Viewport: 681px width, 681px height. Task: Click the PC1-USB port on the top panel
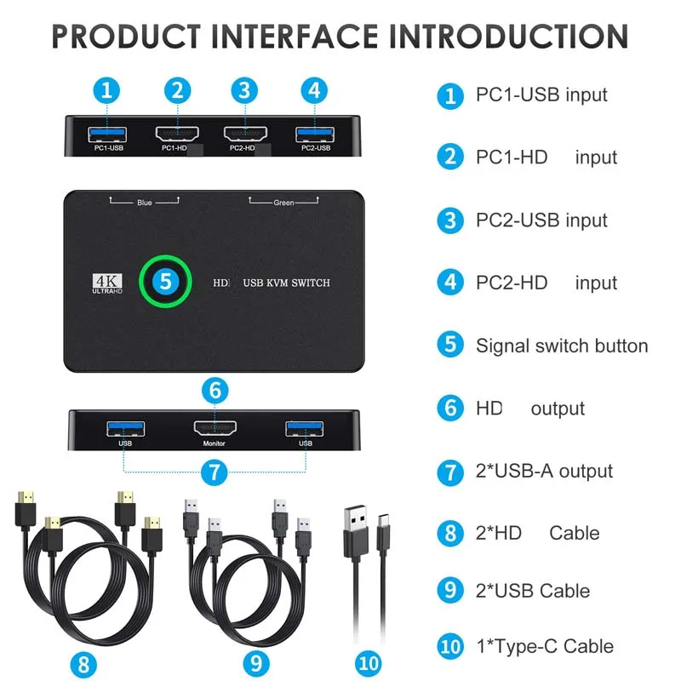click(107, 134)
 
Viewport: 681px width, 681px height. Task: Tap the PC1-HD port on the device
click(177, 134)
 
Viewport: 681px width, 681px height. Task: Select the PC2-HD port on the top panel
click(245, 134)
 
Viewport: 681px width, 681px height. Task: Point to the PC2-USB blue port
click(315, 134)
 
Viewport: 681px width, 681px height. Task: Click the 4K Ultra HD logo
click(107, 283)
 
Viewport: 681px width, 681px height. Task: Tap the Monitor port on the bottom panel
click(215, 429)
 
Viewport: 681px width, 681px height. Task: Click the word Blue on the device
click(145, 203)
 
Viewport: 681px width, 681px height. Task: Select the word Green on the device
click(283, 203)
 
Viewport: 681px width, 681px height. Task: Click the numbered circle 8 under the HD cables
click(83, 665)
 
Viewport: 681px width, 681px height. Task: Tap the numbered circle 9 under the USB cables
click(256, 664)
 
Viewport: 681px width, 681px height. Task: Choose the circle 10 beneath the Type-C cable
click(369, 664)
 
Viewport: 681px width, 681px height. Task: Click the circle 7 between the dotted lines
click(215, 472)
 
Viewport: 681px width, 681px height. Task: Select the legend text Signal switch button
click(562, 346)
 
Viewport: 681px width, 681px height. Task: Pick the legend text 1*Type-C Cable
click(545, 646)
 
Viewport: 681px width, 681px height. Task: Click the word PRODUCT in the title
click(126, 37)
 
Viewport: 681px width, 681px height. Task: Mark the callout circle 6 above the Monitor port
click(215, 390)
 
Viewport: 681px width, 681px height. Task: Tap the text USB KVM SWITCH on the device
click(287, 283)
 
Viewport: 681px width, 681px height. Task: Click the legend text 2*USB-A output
click(544, 471)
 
